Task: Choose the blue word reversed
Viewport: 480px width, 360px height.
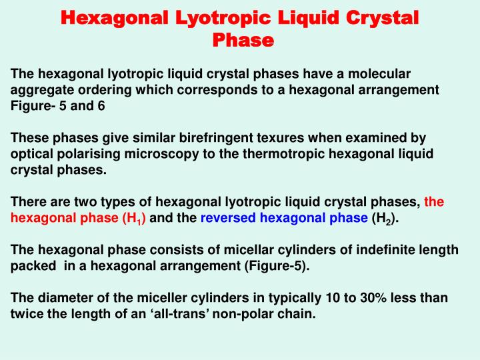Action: coord(229,218)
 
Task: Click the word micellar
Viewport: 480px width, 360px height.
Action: coord(248,249)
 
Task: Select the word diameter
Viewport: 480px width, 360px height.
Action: coord(61,297)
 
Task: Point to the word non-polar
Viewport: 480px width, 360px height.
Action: coord(281,313)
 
